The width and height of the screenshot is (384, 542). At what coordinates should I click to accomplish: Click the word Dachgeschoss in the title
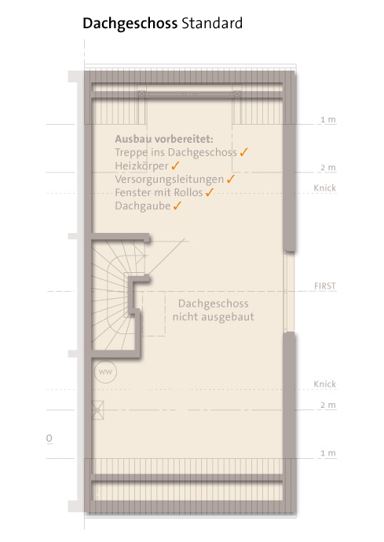[130, 24]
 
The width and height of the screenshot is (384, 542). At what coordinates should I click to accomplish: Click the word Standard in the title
[212, 24]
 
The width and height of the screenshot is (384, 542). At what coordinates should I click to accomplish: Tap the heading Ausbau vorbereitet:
[164, 139]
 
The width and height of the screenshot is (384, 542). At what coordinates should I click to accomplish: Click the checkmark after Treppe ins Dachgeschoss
[244, 151]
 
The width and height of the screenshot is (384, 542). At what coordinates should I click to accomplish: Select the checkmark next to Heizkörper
[175, 166]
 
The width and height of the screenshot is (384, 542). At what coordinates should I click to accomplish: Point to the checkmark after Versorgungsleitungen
[231, 179]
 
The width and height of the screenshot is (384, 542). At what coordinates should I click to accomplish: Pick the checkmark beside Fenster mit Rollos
[210, 192]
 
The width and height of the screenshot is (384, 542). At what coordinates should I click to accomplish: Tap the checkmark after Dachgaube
[177, 206]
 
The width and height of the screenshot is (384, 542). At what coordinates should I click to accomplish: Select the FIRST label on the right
[325, 286]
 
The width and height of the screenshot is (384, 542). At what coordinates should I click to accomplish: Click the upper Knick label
[325, 188]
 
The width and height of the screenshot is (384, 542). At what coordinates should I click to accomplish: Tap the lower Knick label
[325, 384]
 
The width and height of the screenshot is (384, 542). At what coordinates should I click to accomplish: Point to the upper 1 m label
[328, 119]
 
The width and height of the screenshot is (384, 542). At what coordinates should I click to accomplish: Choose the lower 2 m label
[328, 405]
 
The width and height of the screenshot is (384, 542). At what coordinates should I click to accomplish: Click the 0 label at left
[49, 438]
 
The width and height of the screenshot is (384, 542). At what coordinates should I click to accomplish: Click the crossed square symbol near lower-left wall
[97, 410]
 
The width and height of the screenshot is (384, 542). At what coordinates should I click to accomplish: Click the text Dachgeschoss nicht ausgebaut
[214, 310]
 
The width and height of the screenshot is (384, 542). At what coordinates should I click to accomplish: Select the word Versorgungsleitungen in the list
[169, 180]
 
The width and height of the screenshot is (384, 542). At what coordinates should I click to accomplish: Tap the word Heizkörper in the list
[141, 166]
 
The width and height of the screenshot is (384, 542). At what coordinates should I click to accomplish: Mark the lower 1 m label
[328, 453]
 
